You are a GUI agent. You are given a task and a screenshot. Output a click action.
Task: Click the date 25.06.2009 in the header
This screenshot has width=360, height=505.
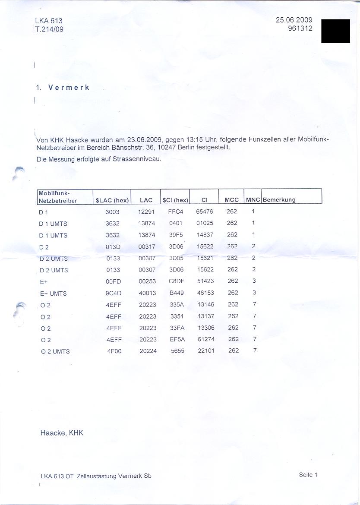pos(294,20)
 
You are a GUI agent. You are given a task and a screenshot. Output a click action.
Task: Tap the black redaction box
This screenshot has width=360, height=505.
pos(335,31)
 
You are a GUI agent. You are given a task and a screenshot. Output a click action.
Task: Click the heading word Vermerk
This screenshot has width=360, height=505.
pos(69,87)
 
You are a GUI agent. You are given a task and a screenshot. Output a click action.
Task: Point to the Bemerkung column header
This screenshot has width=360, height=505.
pos(279,200)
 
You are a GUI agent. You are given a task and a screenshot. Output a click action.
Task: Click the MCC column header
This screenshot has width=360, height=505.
pos(232,200)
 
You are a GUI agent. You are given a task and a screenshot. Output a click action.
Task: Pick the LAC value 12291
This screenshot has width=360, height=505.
pos(146,212)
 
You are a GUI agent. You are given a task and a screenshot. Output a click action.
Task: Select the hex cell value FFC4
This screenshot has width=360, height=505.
pos(176,212)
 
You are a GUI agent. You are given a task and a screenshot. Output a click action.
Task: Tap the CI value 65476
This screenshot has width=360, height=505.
pos(205,212)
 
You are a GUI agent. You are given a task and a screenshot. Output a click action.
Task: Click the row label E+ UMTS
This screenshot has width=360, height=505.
pos(53,294)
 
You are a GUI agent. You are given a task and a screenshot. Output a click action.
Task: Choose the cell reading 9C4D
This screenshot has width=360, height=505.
pos(114,293)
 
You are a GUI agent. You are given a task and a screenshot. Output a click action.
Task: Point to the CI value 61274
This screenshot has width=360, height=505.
pos(205,340)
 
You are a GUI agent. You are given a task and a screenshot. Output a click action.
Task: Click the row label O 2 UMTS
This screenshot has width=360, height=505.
pos(55,351)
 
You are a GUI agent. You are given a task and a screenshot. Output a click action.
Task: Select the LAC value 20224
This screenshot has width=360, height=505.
pos(148,351)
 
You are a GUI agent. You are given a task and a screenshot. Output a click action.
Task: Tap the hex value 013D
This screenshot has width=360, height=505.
pos(113,247)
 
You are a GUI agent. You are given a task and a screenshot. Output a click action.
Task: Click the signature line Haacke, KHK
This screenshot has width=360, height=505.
pos(62,433)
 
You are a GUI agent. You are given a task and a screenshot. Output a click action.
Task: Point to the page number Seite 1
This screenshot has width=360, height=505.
pos(308,475)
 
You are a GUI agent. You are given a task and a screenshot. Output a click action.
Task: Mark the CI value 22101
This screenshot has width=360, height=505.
pos(206,351)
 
